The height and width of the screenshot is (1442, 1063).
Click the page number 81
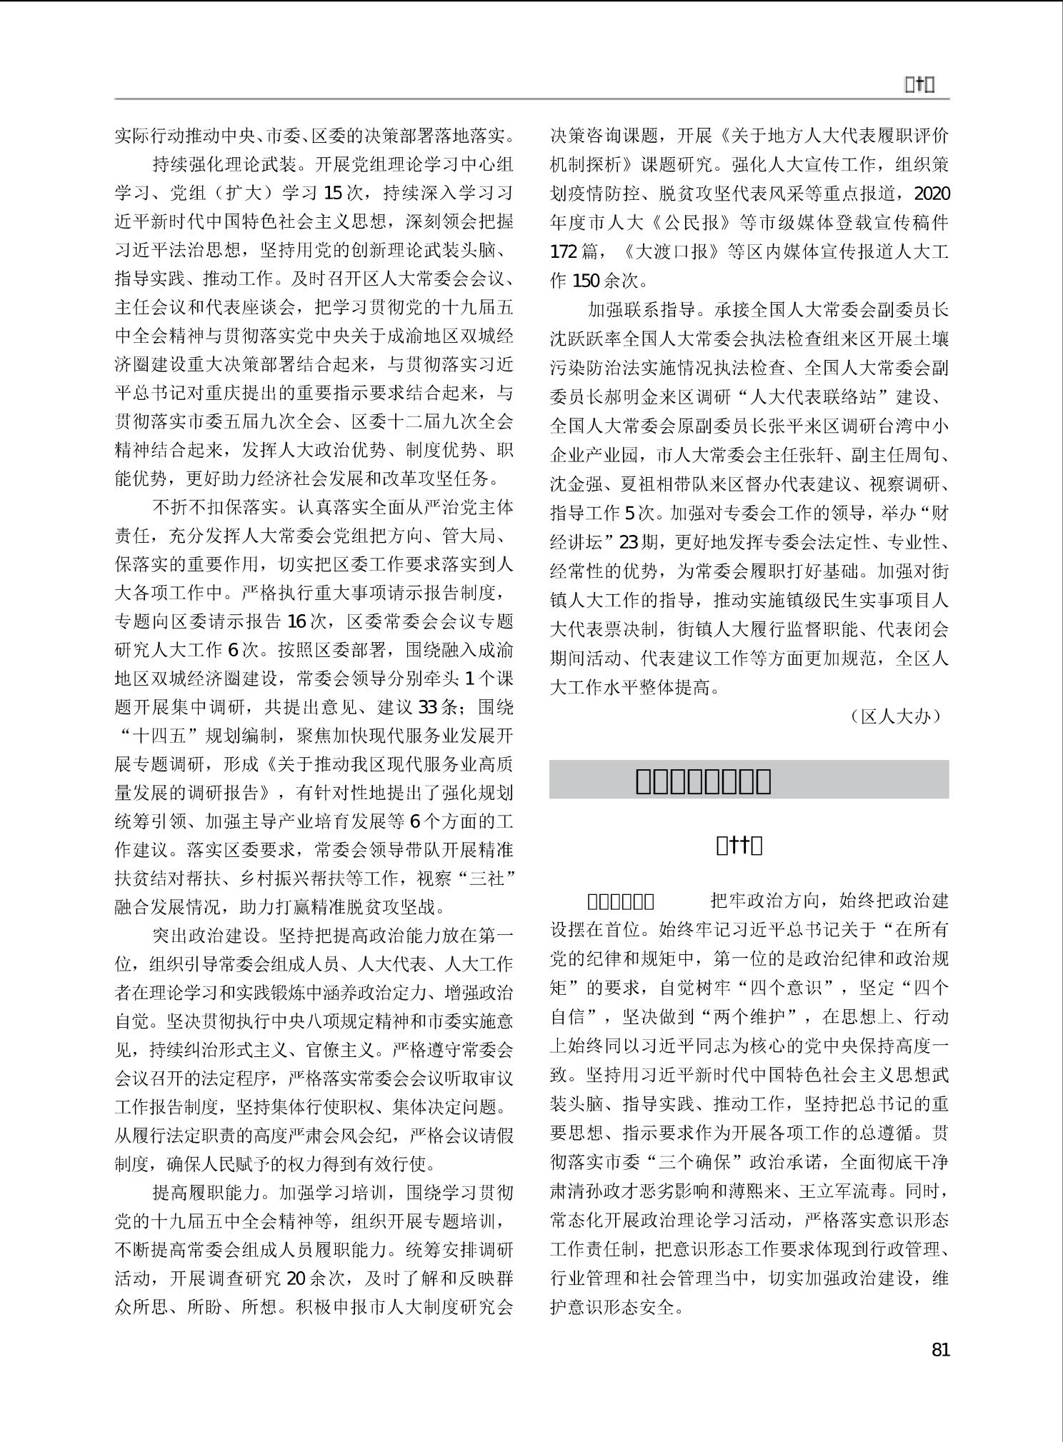[940, 1350]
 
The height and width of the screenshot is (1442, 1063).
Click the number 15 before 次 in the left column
[334, 193]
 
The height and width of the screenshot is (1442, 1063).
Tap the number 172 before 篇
[564, 251]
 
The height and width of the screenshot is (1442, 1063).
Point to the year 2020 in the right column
[932, 194]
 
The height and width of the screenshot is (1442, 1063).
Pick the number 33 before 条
[428, 707]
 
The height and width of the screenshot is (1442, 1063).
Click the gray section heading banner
[749, 779]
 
